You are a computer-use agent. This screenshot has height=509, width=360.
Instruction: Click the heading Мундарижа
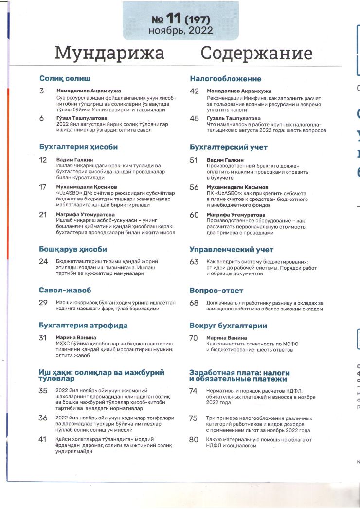pyautogui.click(x=109, y=53)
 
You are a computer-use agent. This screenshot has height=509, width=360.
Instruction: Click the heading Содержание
pyautogui.click(x=256, y=53)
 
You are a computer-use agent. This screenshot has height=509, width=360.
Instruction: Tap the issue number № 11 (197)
pyautogui.click(x=181, y=19)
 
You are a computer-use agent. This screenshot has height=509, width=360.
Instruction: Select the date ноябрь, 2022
pyautogui.click(x=180, y=31)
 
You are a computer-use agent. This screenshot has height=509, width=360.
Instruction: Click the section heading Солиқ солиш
pyautogui.click(x=65, y=78)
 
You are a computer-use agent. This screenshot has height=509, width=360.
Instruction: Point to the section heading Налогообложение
pyautogui.click(x=225, y=79)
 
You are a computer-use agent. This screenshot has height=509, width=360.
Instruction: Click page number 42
pyautogui.click(x=194, y=91)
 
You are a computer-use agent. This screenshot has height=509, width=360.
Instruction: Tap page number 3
pyautogui.click(x=42, y=91)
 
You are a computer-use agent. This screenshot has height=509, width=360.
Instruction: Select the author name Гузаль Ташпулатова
pyautogui.click(x=234, y=118)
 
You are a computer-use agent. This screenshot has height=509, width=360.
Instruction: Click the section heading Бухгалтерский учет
pyautogui.click(x=228, y=147)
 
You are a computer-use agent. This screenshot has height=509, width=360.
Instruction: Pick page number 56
pyautogui.click(x=194, y=187)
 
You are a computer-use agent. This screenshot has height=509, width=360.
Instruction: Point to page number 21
pyautogui.click(x=43, y=215)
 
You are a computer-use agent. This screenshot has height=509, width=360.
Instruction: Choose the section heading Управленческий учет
pyautogui.click(x=228, y=250)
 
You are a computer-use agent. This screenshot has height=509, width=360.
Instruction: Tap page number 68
pyautogui.click(x=194, y=303)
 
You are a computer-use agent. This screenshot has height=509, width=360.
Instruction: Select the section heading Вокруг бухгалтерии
pyautogui.click(x=228, y=326)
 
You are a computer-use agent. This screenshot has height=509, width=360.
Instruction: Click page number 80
pyautogui.click(x=194, y=439)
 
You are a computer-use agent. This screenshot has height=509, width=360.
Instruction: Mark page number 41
pyautogui.click(x=43, y=439)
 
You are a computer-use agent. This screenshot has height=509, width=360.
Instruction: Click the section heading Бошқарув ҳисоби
pyautogui.click(x=73, y=249)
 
